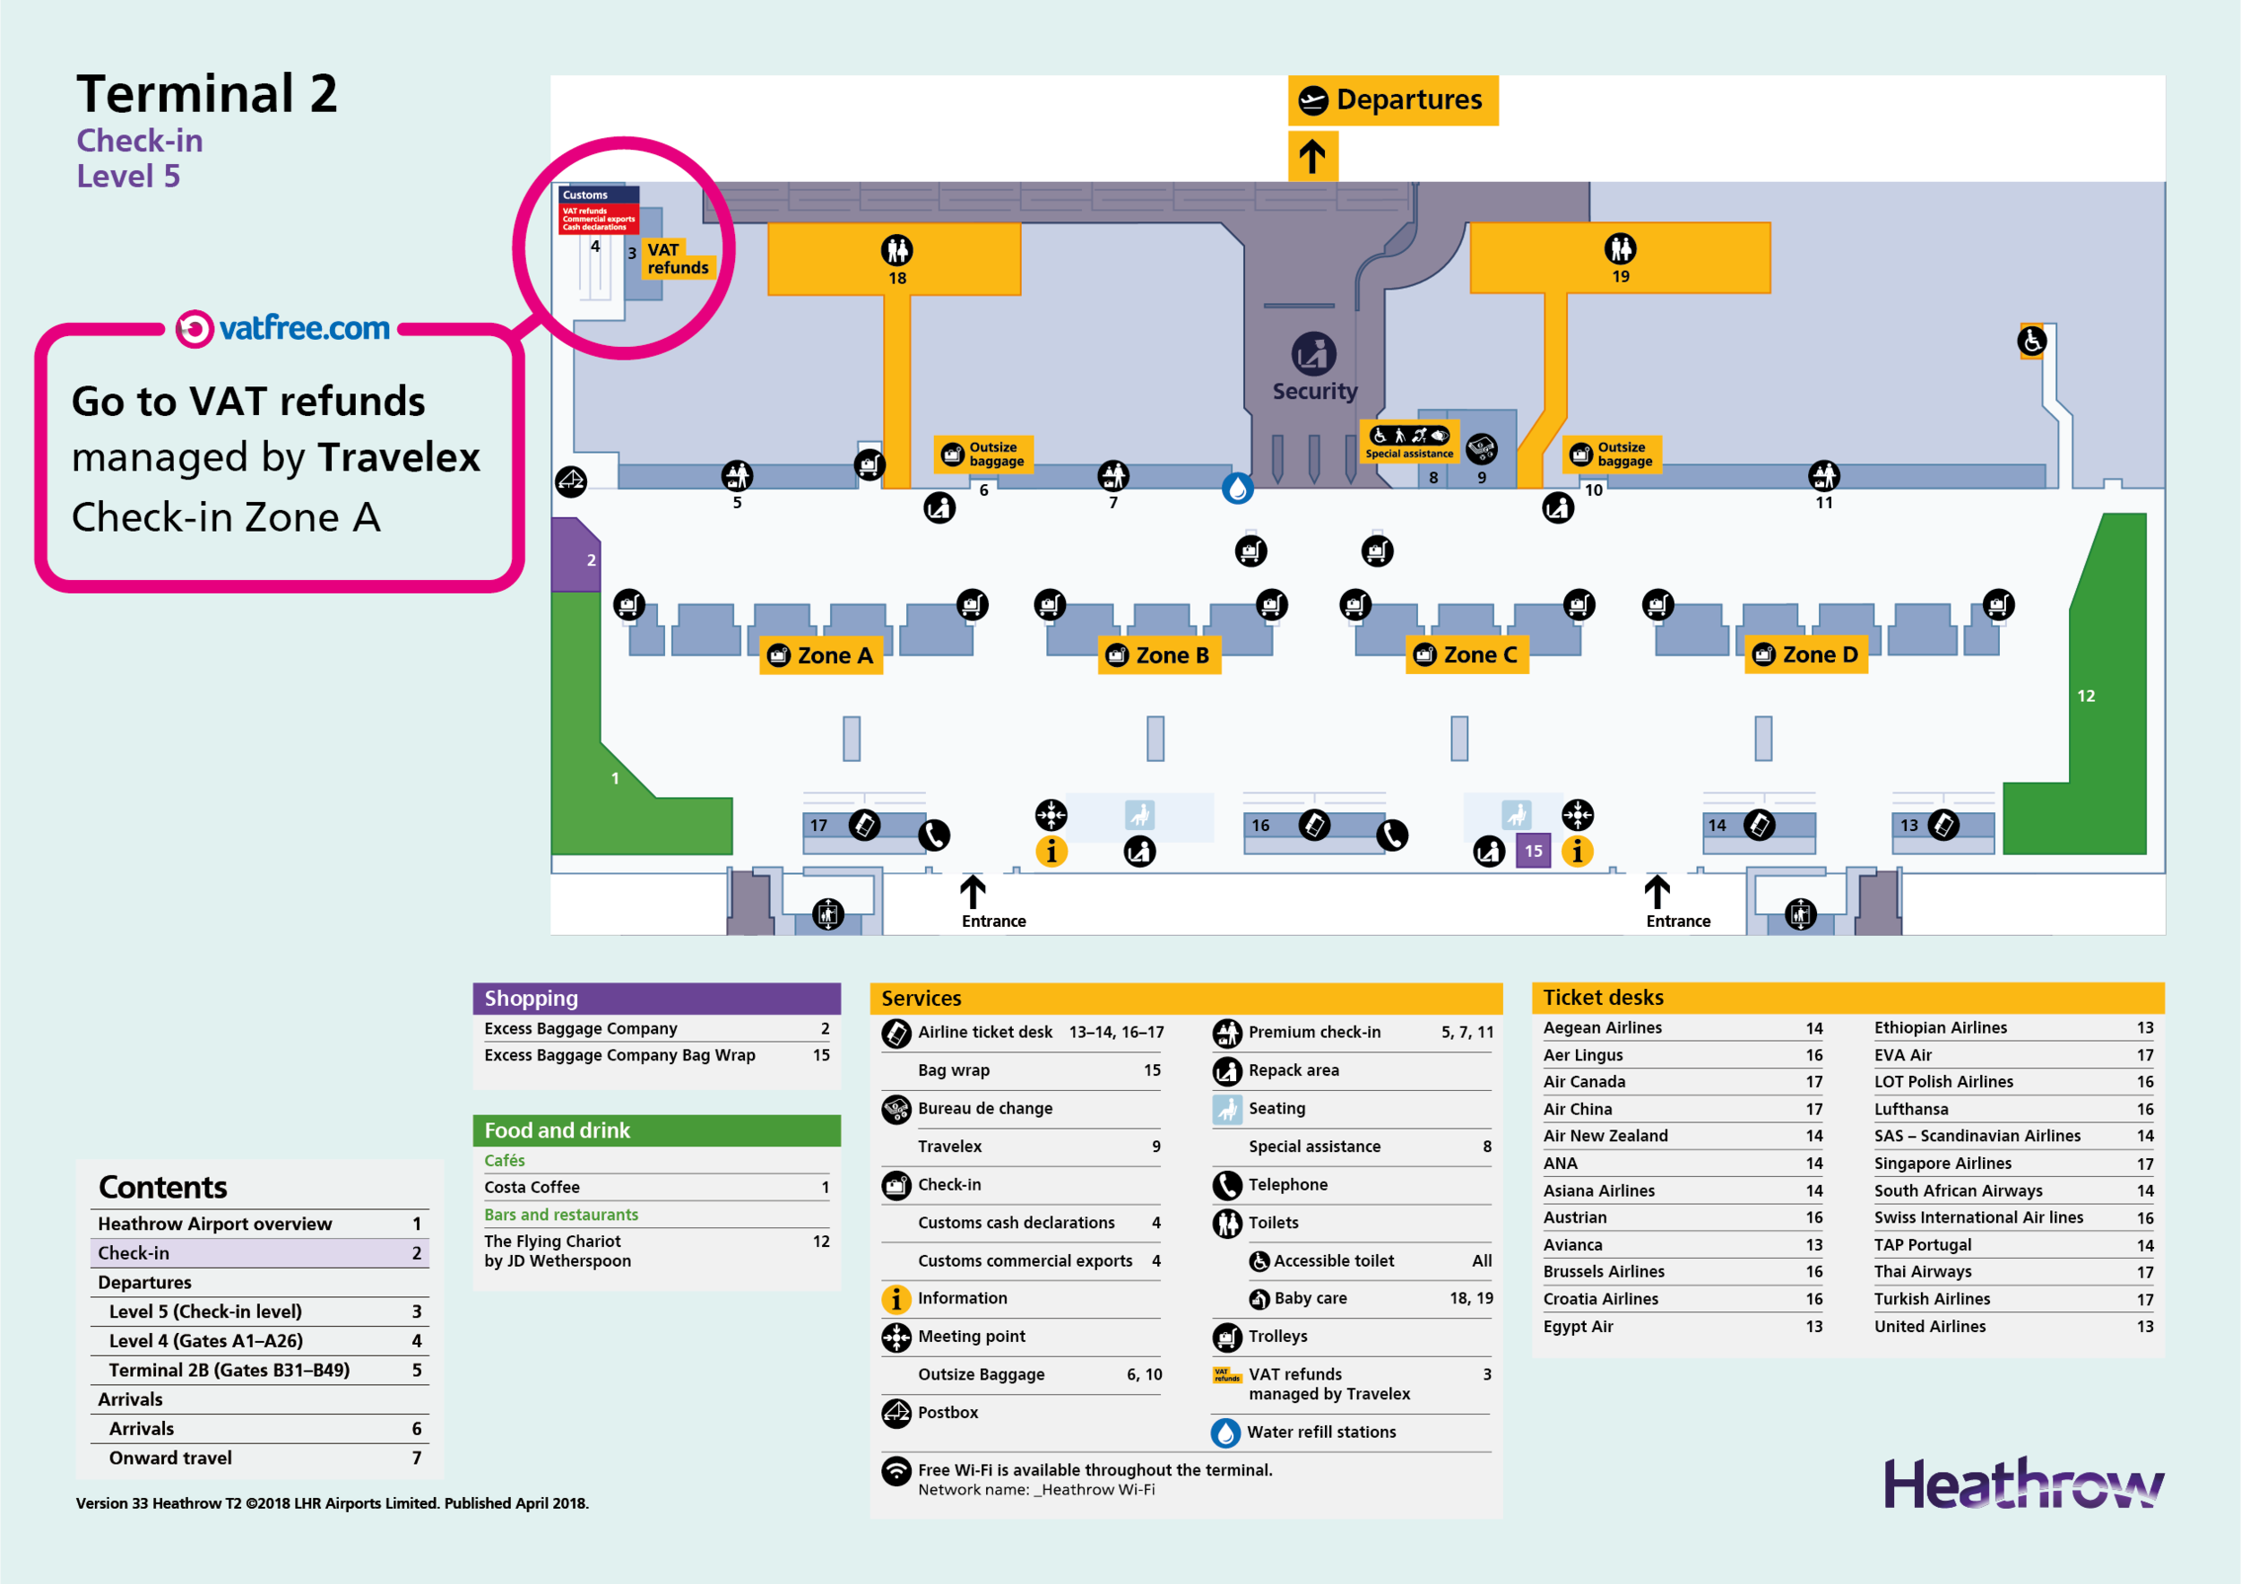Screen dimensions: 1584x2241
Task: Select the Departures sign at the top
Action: pos(1393,100)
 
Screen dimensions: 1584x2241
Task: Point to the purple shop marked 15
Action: pos(1534,851)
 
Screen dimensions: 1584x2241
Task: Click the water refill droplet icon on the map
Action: pos(1238,489)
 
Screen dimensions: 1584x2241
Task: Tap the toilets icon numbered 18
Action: pos(896,251)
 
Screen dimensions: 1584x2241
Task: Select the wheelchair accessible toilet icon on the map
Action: pos(2031,342)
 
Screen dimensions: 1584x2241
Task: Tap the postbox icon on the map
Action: pos(571,480)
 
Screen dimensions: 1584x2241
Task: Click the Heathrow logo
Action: pos(2022,1484)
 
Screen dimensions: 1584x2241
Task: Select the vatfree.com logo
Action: pos(283,329)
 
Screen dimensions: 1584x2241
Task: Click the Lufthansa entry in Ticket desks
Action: pos(1910,1109)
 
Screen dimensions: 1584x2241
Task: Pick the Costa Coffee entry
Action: pos(532,1187)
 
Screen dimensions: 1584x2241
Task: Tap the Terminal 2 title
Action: pos(207,94)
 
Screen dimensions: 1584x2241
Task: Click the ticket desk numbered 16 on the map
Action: pos(1261,826)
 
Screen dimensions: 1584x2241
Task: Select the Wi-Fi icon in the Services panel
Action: pos(896,1471)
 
